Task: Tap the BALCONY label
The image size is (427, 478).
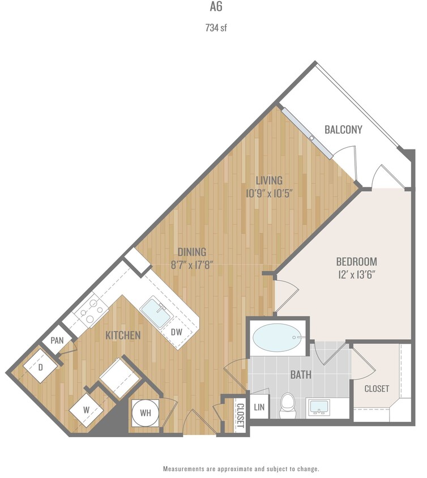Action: pos(343,130)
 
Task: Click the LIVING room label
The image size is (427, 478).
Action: pos(268,181)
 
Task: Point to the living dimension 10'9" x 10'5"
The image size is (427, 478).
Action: pos(268,193)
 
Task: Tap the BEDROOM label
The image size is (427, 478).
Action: pos(356,262)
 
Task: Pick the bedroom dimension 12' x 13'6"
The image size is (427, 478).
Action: pos(356,275)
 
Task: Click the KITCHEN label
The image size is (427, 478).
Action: pos(123,335)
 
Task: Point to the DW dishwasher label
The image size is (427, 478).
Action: pos(177,332)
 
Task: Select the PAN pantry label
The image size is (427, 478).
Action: pos(57,341)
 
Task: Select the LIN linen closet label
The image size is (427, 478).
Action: pos(259,407)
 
